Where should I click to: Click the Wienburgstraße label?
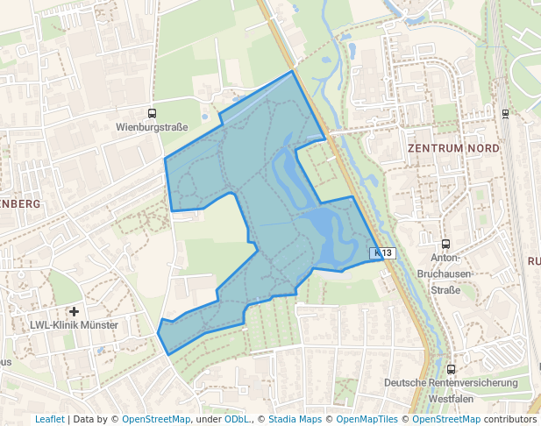pyautogui.click(x=152, y=127)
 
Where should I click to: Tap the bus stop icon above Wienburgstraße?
pyautogui.click(x=152, y=113)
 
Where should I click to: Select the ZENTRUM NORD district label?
pyautogui.click(x=453, y=148)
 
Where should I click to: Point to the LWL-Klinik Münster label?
pyautogui.click(x=74, y=325)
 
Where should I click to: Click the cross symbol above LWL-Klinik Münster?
pyautogui.click(x=75, y=311)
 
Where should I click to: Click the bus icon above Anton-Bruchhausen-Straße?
pyautogui.click(x=445, y=245)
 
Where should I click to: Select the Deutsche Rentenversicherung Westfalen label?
pyautogui.click(x=452, y=390)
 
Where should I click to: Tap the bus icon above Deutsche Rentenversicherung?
pyautogui.click(x=451, y=369)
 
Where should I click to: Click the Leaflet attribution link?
pyautogui.click(x=49, y=419)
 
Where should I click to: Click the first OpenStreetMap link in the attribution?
pyautogui.click(x=156, y=419)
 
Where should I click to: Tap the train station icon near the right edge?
pyautogui.click(x=505, y=113)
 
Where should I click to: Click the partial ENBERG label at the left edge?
pyautogui.click(x=20, y=203)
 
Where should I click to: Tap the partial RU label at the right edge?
pyautogui.click(x=533, y=261)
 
